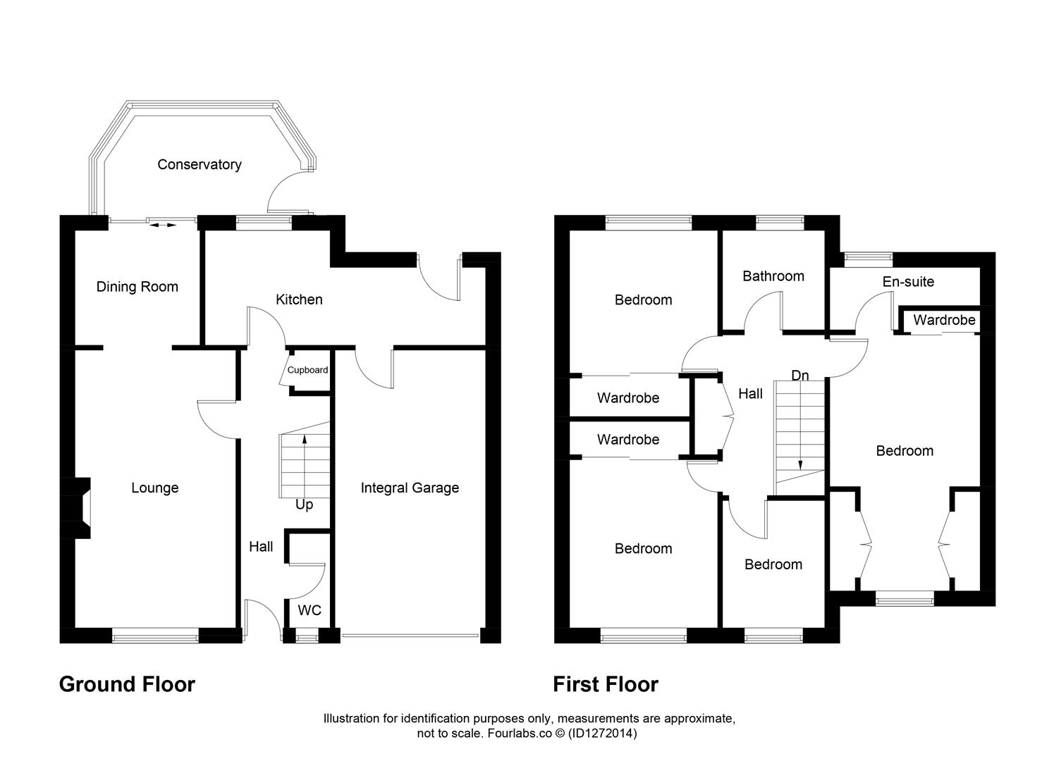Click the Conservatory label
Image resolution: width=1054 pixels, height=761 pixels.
pyautogui.click(x=200, y=164)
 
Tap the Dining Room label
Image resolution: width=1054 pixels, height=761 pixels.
pyautogui.click(x=137, y=286)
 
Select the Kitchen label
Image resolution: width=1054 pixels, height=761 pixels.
pyautogui.click(x=299, y=299)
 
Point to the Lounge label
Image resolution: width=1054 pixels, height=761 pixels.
pyautogui.click(x=154, y=488)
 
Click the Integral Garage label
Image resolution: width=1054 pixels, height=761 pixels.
pyautogui.click(x=410, y=488)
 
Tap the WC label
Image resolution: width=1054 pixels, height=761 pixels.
pyautogui.click(x=310, y=610)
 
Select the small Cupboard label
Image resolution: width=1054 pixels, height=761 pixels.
pyautogui.click(x=307, y=370)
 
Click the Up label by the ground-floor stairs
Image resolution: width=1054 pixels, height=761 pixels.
pyautogui.click(x=304, y=505)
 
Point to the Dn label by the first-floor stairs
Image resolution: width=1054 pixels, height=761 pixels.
pyautogui.click(x=799, y=376)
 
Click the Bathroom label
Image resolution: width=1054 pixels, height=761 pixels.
pyautogui.click(x=773, y=276)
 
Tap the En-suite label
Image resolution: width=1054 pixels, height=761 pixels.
pyautogui.click(x=908, y=281)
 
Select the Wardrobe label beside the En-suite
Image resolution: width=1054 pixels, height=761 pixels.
pyautogui.click(x=944, y=320)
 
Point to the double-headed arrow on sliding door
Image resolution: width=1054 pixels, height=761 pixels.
pyautogui.click(x=163, y=225)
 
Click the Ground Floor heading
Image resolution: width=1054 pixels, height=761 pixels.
pyautogui.click(x=127, y=684)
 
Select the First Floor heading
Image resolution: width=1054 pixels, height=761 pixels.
pyautogui.click(x=606, y=684)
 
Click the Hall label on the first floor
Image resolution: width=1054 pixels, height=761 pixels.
pyautogui.click(x=750, y=393)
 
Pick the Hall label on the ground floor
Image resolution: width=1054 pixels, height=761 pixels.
pyautogui.click(x=261, y=546)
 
